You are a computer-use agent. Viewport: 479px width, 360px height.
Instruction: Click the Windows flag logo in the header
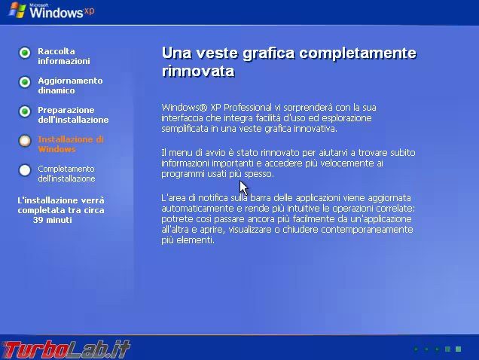tap(15, 11)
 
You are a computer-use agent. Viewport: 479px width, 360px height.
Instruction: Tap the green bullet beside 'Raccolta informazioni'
tap(25, 53)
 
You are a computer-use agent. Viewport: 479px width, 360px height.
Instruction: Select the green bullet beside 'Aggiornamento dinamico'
tap(25, 82)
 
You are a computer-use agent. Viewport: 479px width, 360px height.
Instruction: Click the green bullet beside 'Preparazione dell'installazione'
tap(25, 111)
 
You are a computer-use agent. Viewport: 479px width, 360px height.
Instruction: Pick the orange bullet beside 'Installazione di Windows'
tap(25, 141)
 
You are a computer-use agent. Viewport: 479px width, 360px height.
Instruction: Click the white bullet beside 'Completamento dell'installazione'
tap(25, 170)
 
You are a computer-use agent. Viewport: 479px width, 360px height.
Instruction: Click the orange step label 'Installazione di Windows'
tap(70, 144)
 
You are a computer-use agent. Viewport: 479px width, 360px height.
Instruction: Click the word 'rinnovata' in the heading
tap(197, 72)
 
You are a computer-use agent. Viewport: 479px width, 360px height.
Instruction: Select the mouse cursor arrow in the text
tap(243, 187)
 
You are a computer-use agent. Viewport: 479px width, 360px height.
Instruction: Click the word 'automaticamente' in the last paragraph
tap(196, 208)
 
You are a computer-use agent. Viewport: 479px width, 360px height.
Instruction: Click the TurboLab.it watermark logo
tap(66, 348)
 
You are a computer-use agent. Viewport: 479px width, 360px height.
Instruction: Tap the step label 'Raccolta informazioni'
tap(63, 56)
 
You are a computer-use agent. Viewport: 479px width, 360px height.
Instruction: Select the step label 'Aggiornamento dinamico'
tap(70, 85)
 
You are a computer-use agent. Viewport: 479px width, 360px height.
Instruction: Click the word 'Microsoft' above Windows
tap(38, 5)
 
